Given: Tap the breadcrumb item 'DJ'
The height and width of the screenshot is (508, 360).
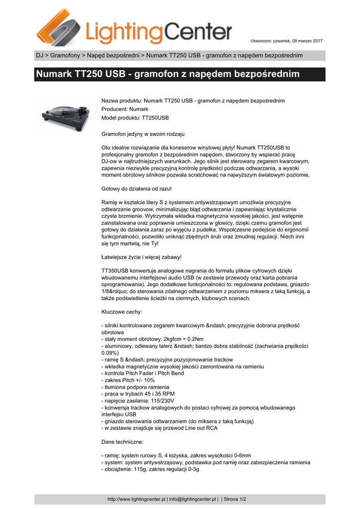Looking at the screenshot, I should click(x=39, y=55).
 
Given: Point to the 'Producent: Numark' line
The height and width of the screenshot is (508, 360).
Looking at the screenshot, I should click(x=125, y=109).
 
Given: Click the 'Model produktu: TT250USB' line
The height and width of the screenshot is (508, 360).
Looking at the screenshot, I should click(x=135, y=118).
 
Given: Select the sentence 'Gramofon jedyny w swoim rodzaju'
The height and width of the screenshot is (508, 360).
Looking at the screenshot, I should click(x=143, y=134).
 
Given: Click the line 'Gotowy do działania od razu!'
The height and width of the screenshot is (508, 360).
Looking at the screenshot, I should click(x=137, y=189).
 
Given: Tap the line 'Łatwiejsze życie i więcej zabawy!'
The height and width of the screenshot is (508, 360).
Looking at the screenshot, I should click(x=142, y=257).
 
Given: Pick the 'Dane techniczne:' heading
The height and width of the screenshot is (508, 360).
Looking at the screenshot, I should click(x=123, y=441).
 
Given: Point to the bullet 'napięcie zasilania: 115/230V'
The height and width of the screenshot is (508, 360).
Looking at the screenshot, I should click(x=138, y=400).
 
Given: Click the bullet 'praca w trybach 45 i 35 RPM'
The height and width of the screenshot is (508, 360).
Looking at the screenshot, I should click(x=138, y=394).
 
